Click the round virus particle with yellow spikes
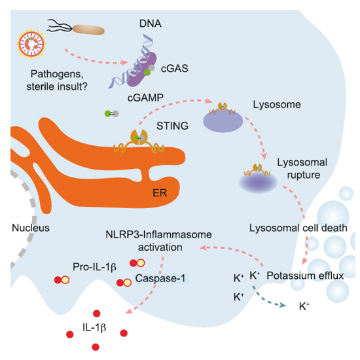point(31,44)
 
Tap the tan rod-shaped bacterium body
point(88,30)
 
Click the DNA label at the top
point(151,24)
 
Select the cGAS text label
point(175,69)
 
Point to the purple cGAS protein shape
point(140,69)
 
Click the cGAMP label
point(145,98)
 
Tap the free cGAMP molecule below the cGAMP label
point(111,113)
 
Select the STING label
point(172,126)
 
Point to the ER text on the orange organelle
point(160,193)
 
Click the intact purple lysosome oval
point(223,121)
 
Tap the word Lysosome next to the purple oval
point(277,105)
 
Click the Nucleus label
point(31,228)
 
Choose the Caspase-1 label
point(160,278)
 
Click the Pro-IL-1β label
point(94,267)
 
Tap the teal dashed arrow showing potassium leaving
point(268,298)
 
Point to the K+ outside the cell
point(304,306)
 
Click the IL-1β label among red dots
point(94,327)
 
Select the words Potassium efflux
point(305,276)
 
